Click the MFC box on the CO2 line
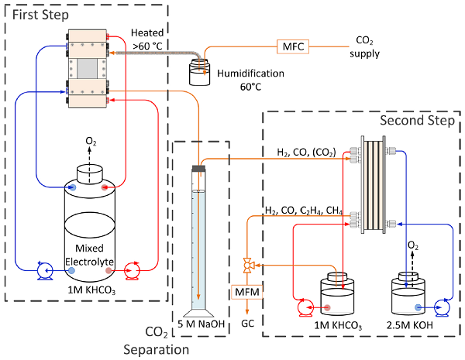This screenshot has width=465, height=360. [294, 46]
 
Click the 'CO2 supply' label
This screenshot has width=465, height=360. [367, 46]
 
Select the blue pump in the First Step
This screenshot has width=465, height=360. [43, 271]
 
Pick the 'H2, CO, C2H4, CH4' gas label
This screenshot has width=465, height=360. [303, 210]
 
